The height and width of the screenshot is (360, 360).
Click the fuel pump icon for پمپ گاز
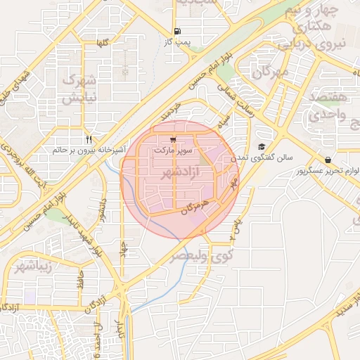[x=176, y=31]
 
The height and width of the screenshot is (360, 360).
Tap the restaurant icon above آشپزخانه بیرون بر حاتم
[x=89, y=139]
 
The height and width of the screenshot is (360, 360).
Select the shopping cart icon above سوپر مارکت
[x=173, y=139]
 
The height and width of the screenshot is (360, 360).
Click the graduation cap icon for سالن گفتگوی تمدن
[x=262, y=147]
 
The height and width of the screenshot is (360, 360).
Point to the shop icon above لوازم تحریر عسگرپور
[x=328, y=160]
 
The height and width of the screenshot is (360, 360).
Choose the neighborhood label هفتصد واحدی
[x=327, y=103]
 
